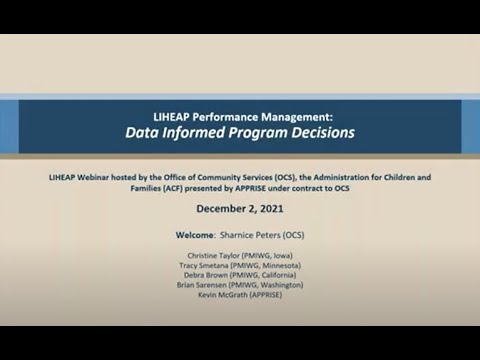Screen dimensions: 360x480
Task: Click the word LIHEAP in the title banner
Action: tap(175, 115)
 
